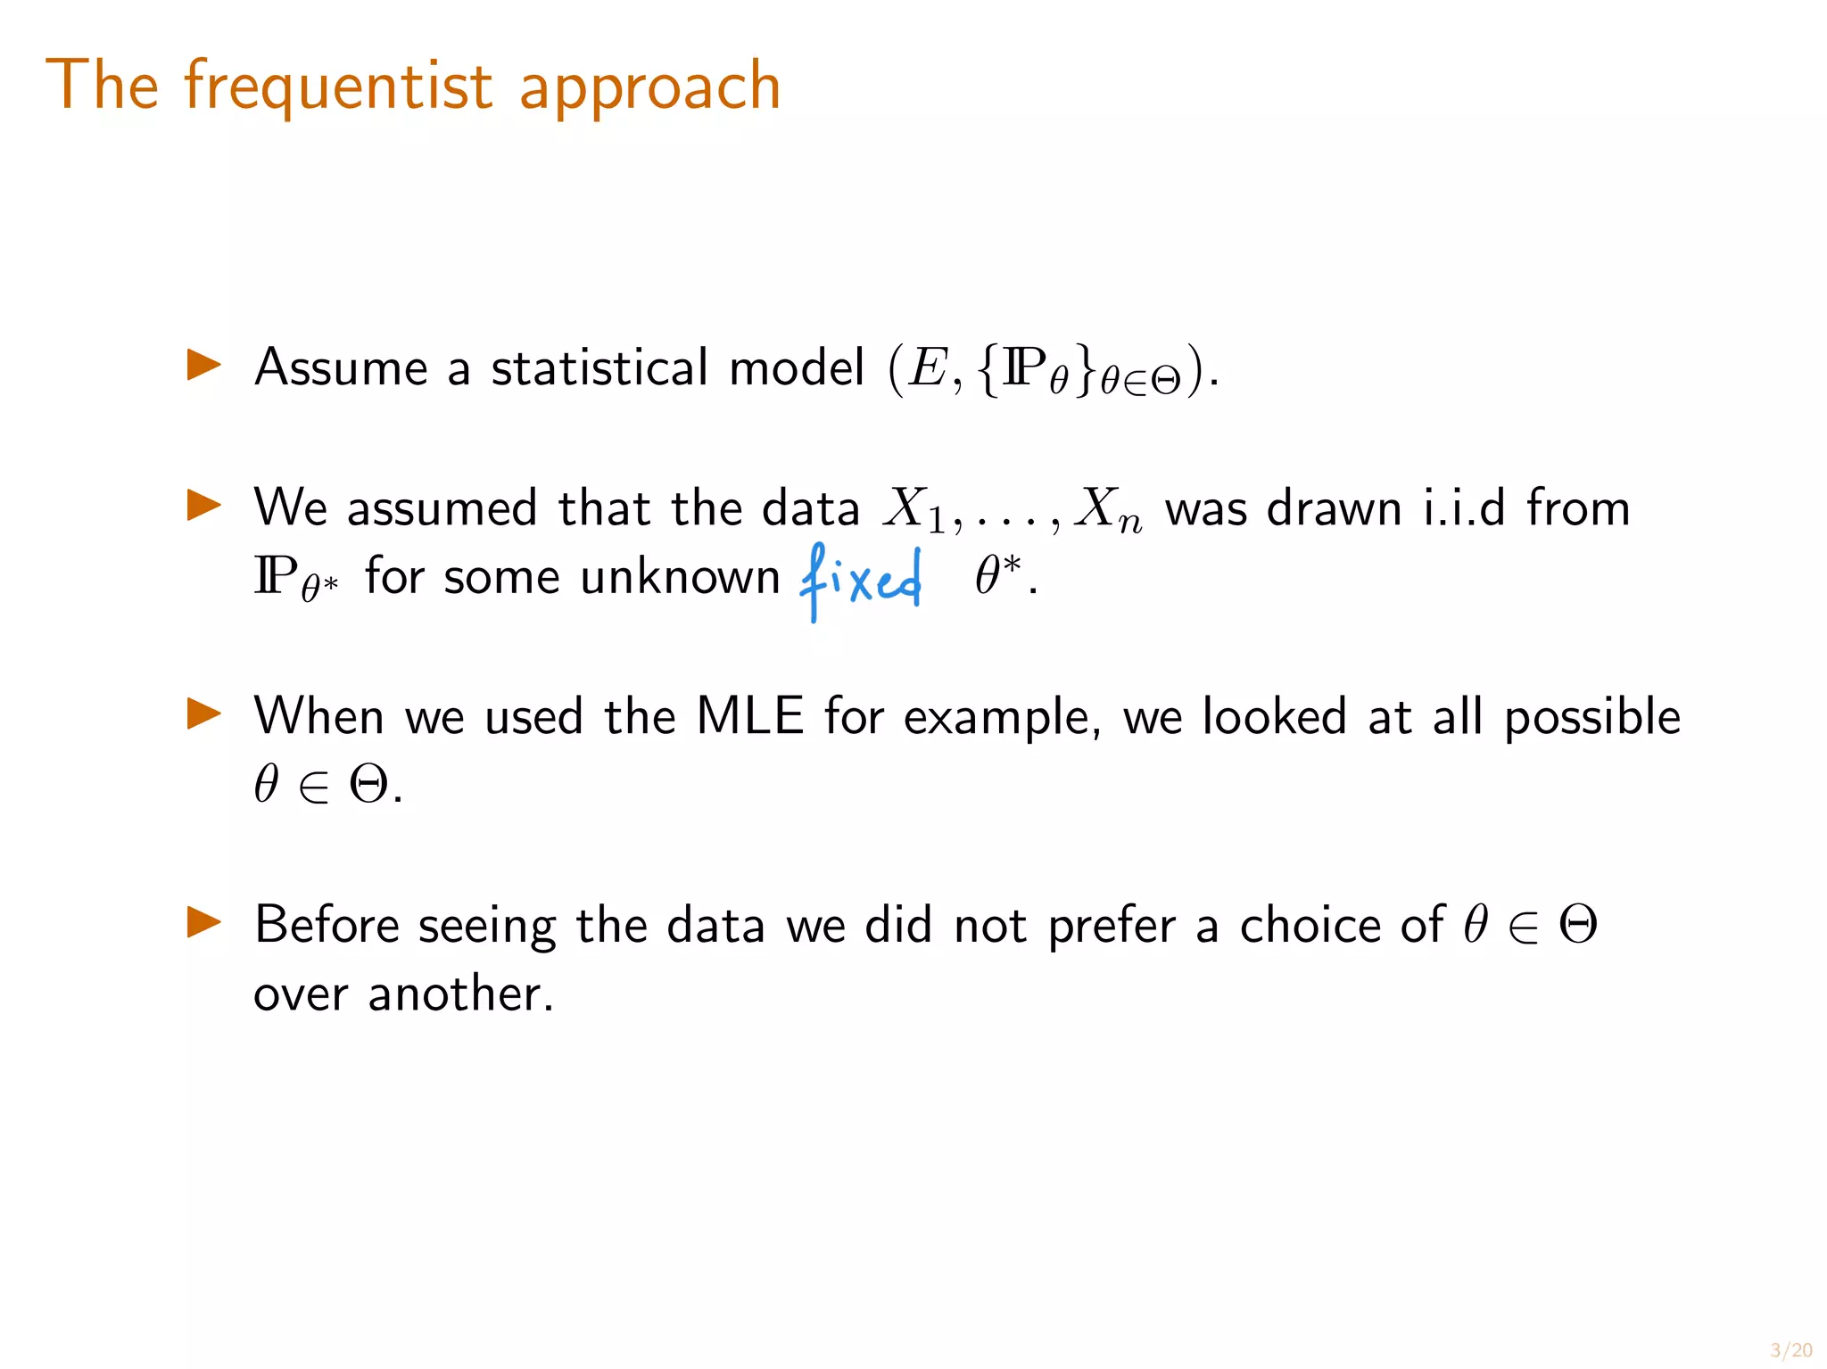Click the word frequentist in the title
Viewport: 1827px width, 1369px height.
pyautogui.click(x=337, y=87)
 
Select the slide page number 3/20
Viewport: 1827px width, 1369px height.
pyautogui.click(x=1790, y=1350)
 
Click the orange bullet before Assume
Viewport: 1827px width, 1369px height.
pyautogui.click(x=203, y=365)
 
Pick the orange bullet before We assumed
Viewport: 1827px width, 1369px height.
pyautogui.click(x=203, y=505)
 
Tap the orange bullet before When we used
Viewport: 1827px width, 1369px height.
pyautogui.click(x=203, y=713)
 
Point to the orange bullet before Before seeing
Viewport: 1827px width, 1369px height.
pyautogui.click(x=203, y=922)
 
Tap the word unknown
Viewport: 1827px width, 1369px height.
pyautogui.click(x=680, y=577)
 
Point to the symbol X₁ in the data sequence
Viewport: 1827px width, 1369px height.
pyautogui.click(x=913, y=510)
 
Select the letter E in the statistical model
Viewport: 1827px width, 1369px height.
pyautogui.click(x=929, y=367)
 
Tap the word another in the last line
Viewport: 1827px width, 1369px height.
pyautogui.click(x=460, y=994)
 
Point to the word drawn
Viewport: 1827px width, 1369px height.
pyautogui.click(x=1335, y=508)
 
